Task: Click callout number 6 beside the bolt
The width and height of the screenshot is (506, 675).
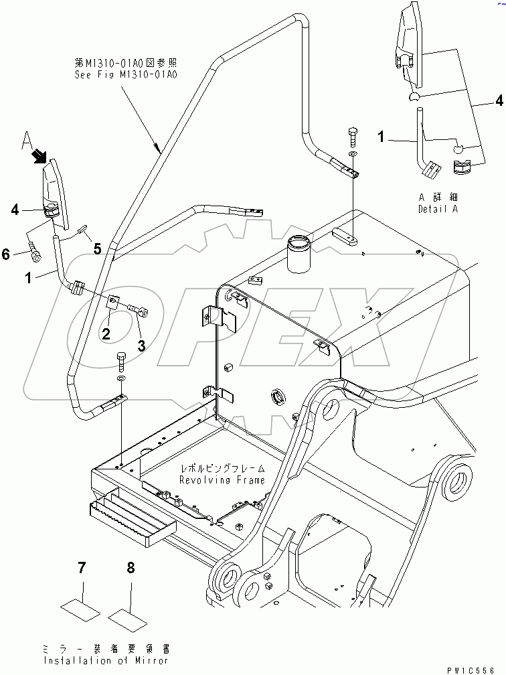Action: [6, 254]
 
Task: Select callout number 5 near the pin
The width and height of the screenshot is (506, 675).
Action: [97, 249]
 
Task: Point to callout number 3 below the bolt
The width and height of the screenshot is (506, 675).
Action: [141, 346]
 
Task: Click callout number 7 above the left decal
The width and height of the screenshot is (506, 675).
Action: [82, 569]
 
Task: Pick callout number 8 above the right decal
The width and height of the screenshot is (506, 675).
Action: [131, 569]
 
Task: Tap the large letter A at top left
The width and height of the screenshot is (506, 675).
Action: [27, 141]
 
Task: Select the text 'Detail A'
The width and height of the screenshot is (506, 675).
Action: [440, 210]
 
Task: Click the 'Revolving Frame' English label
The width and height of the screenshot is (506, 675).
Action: [222, 479]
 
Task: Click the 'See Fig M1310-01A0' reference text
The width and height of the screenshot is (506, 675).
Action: [126, 76]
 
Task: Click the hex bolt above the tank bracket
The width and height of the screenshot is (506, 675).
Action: [353, 138]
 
